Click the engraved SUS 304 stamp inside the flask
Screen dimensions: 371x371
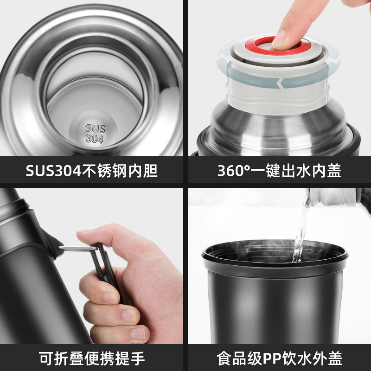pos(95,134)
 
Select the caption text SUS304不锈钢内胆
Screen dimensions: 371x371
pos(91,171)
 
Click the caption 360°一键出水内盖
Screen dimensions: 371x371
pos(279,171)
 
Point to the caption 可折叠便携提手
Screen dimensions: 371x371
pos(91,358)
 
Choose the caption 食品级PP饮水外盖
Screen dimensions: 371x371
pos(280,358)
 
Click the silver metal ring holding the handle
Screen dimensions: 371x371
pos(77,249)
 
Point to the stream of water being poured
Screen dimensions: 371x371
pos(300,232)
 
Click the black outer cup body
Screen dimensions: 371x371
pos(275,307)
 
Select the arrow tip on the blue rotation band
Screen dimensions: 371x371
pos(280,83)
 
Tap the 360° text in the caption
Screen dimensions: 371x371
pos(234,171)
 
